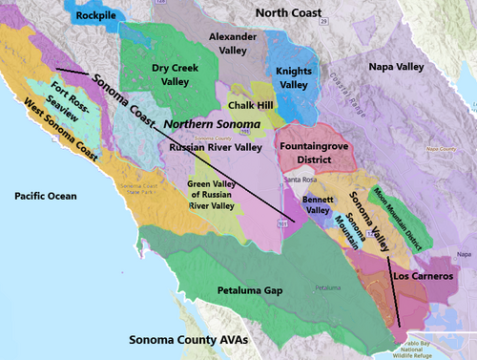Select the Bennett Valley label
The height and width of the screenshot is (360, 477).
(x=317, y=204)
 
